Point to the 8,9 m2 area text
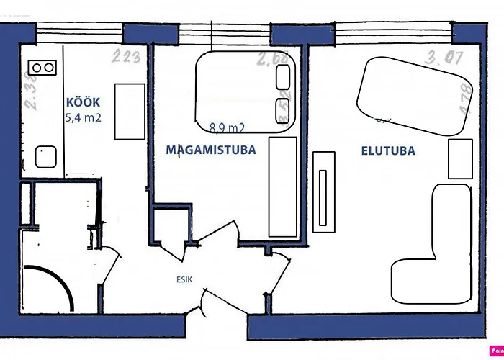pos(227,128)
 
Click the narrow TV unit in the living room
pos(324,190)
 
